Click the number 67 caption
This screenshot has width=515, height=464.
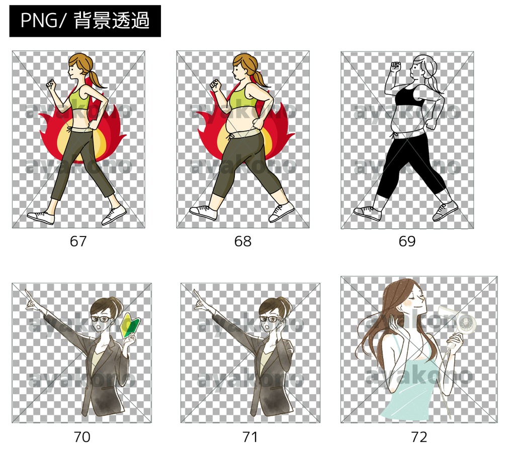pos(78,241)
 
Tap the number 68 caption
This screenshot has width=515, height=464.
pos(243,241)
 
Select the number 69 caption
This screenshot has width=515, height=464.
pos(407,241)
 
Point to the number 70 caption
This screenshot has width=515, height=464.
pos(82,437)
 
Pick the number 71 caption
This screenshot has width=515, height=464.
pos(250,437)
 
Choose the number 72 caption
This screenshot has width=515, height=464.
pos(419,437)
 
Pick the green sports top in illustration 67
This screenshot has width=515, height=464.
pos(79,98)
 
